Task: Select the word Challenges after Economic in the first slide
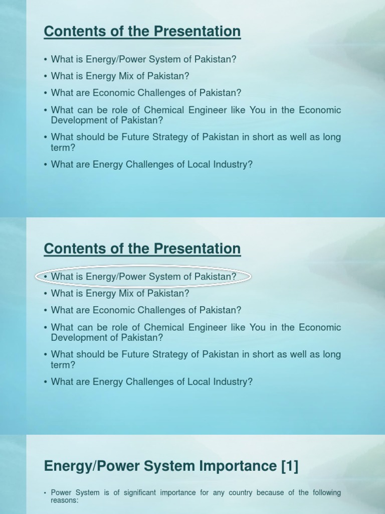(163, 93)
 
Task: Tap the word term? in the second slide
(63, 365)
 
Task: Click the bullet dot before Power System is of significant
(46, 493)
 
